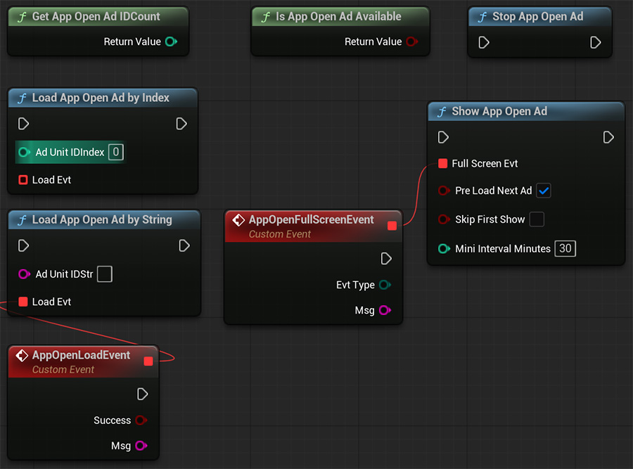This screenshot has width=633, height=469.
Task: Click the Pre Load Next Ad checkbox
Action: click(544, 191)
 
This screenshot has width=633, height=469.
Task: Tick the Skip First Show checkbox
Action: click(537, 219)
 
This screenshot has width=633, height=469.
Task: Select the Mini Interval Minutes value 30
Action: click(565, 248)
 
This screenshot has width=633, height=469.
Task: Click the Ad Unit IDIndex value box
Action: click(116, 152)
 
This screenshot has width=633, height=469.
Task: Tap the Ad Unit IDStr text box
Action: click(105, 274)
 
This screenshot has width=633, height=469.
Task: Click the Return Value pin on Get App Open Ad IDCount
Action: click(171, 41)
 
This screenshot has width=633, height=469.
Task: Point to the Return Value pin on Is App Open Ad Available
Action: click(411, 41)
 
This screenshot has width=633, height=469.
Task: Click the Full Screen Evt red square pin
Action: click(443, 163)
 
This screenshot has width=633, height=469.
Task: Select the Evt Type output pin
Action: click(385, 285)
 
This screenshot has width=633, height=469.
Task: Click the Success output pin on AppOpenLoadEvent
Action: click(141, 420)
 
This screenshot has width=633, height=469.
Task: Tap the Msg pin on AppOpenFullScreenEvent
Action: click(385, 310)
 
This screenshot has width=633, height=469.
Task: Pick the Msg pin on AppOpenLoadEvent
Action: click(141, 446)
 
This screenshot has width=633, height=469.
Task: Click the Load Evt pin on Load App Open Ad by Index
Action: click(23, 179)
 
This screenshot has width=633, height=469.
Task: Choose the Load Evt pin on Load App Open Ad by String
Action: click(23, 302)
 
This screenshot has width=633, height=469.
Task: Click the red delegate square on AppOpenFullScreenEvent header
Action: click(392, 226)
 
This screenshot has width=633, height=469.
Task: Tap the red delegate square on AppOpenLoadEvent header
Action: click(148, 361)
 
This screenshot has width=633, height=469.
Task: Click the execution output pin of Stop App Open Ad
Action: click(596, 42)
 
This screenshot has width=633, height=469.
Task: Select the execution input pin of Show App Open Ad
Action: click(443, 137)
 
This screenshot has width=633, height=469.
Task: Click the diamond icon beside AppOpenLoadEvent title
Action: click(22, 356)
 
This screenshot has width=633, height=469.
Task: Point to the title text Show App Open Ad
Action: click(499, 111)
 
